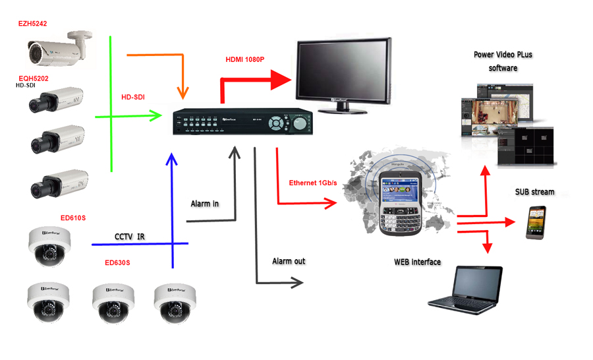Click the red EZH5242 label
[32, 24]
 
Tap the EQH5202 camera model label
[34, 78]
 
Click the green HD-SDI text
[133, 97]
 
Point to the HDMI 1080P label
[244, 59]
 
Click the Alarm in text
[204, 204]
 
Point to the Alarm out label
[289, 261]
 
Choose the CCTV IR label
[129, 236]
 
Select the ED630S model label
[117, 262]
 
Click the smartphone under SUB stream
[535, 222]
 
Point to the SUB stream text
[534, 192]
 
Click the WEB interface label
[417, 262]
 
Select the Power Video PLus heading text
[503, 55]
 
